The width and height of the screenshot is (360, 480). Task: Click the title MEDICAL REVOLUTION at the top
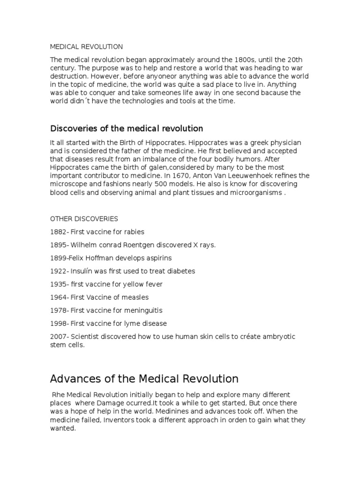(x=86, y=47)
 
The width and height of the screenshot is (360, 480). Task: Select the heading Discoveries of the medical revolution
(x=127, y=128)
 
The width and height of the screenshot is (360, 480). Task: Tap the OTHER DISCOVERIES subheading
(x=84, y=219)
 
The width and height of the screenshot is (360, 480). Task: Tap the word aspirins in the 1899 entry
(x=157, y=258)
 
